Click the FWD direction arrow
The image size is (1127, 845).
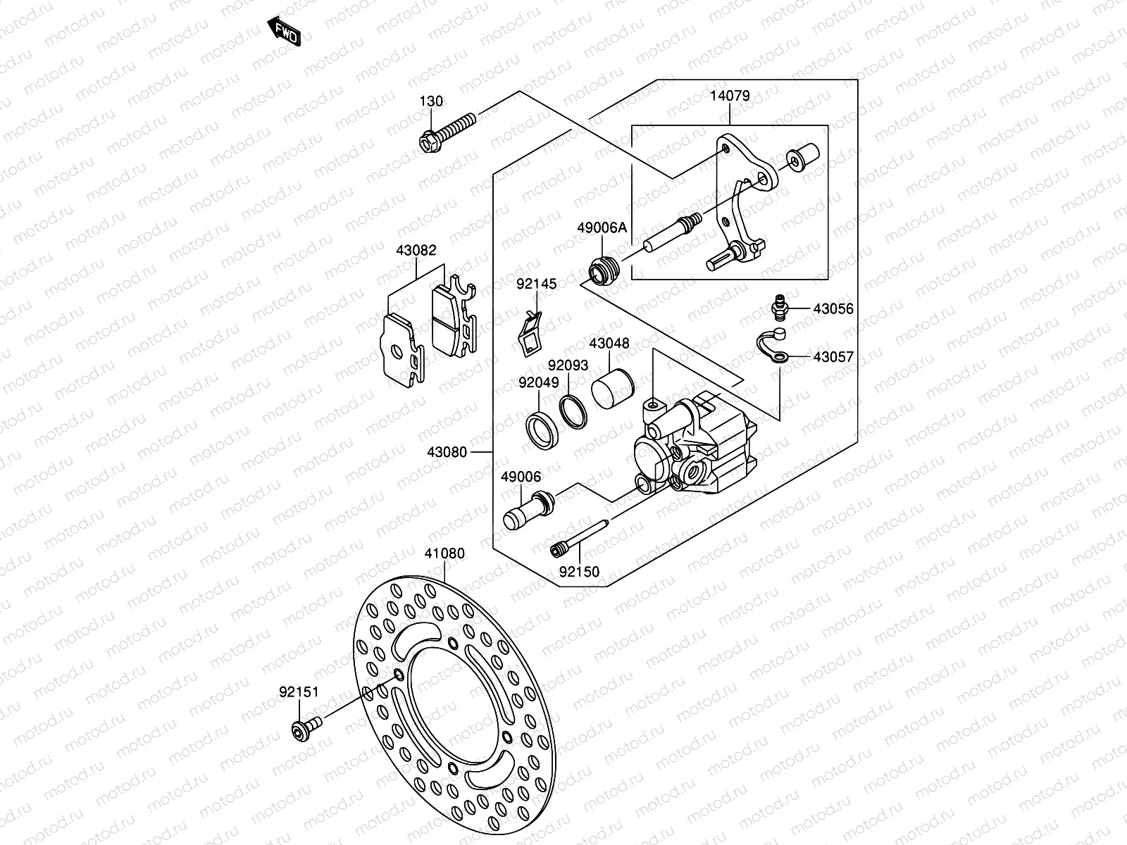[x=284, y=31]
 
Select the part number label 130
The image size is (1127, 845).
[x=431, y=101]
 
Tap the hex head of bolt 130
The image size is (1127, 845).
[x=430, y=142]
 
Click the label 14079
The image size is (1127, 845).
[x=730, y=96]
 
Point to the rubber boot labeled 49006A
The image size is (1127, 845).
[x=604, y=270]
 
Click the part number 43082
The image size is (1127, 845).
[x=416, y=250]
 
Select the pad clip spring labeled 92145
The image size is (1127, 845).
[x=529, y=334]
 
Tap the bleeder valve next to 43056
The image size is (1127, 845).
[x=780, y=307]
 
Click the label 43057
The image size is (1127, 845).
[x=833, y=356]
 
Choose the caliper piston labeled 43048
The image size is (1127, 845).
[x=613, y=389]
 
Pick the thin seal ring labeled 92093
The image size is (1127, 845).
[x=573, y=411]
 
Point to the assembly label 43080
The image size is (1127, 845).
[x=447, y=452]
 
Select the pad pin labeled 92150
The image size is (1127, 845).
[x=579, y=538]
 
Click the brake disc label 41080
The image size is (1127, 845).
[x=444, y=553]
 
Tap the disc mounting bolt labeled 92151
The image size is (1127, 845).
[x=306, y=729]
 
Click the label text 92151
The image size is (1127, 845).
[x=299, y=692]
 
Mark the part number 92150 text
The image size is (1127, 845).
[x=579, y=572]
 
